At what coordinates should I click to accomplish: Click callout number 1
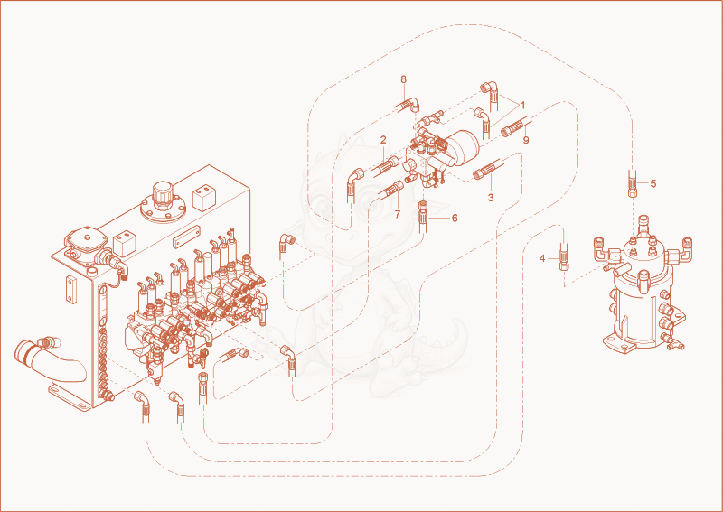click(523, 105)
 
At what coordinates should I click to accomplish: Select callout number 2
click(382, 140)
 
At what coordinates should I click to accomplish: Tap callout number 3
click(491, 198)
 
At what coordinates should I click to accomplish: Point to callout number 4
click(542, 259)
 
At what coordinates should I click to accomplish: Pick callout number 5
click(653, 183)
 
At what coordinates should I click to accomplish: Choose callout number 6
click(455, 218)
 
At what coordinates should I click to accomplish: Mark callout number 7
click(398, 214)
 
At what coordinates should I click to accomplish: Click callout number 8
click(403, 79)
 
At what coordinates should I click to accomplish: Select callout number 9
click(526, 140)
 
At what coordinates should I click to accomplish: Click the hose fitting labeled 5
click(632, 183)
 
